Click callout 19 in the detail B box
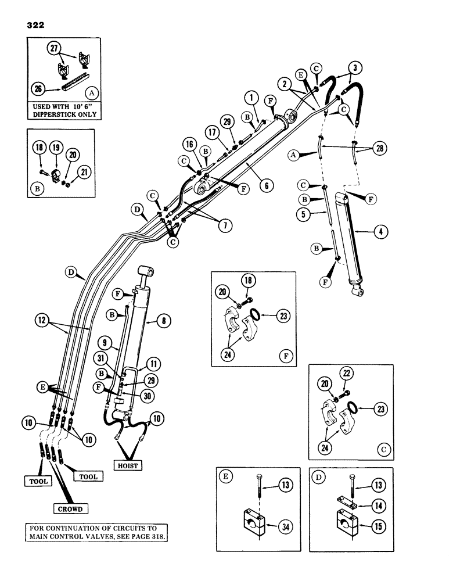point(56,146)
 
